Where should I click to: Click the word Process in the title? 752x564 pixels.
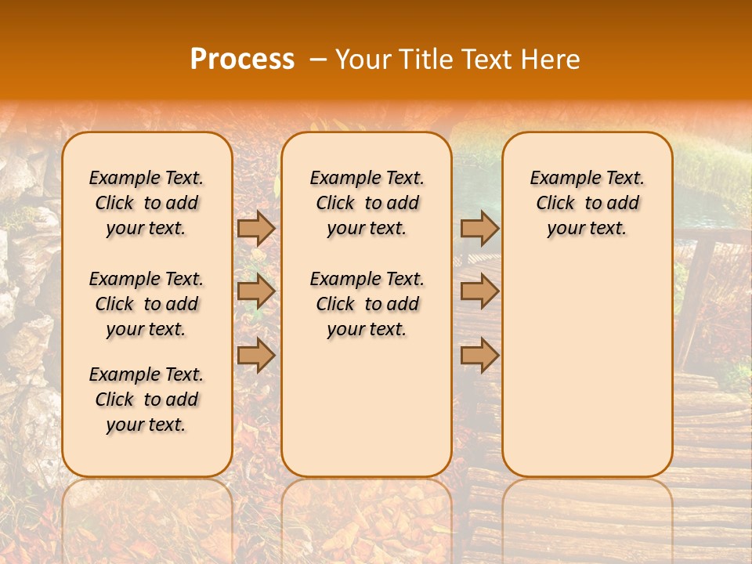[242, 60]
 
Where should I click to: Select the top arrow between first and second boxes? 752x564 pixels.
[256, 228]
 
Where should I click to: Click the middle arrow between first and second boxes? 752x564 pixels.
[256, 291]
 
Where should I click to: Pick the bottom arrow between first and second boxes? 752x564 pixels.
[256, 355]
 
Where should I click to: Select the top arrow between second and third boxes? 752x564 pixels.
[479, 228]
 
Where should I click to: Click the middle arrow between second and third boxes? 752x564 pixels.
[479, 291]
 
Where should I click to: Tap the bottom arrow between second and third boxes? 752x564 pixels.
[479, 355]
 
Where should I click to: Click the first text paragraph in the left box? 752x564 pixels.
[146, 203]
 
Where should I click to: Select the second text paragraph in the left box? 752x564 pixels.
[146, 304]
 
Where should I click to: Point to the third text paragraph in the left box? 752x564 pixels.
[146, 399]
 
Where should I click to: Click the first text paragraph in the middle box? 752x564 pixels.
[367, 203]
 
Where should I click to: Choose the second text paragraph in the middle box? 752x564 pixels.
[367, 304]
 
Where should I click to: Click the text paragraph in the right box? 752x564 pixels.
[587, 203]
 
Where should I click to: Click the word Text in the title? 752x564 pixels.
[486, 60]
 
